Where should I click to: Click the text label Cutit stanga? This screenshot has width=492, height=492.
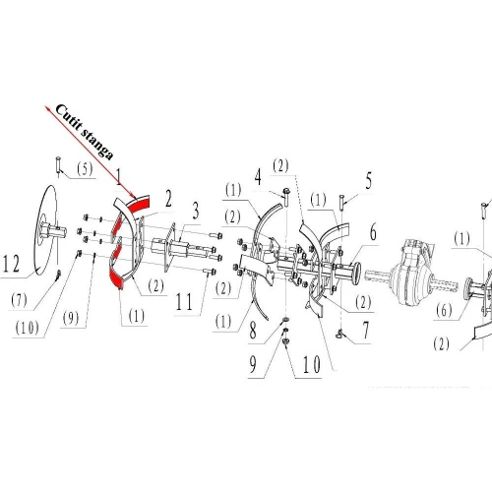pos(85,133)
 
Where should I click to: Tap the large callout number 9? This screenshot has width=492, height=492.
pos(252,366)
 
